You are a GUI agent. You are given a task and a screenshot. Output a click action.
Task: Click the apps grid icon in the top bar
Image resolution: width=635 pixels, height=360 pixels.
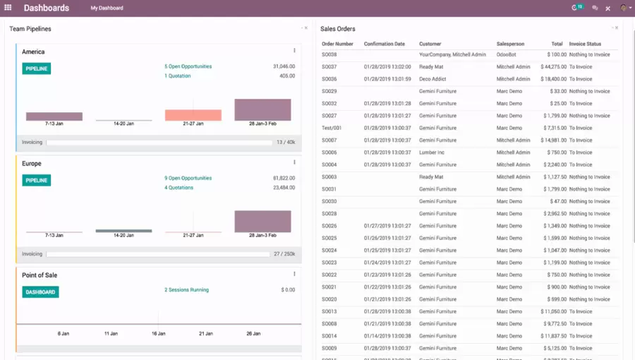[8, 8]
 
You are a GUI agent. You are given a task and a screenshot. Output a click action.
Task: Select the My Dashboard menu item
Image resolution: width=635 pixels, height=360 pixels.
[107, 8]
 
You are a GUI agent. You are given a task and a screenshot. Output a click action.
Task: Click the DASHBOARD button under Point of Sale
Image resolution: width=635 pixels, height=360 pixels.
[40, 292]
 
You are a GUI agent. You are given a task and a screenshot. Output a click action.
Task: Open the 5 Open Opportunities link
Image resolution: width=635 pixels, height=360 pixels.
[188, 66]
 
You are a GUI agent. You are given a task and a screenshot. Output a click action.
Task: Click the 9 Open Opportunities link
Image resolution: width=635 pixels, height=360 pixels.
[188, 178]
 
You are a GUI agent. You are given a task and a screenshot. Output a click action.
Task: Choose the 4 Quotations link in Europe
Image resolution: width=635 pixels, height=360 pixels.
[179, 188]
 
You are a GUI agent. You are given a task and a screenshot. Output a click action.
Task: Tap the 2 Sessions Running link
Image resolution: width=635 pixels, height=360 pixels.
[186, 289]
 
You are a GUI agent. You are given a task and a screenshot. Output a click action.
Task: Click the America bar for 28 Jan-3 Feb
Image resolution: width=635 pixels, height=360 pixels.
[262, 109]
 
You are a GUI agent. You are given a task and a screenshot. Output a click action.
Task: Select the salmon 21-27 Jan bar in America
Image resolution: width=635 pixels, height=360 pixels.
[193, 115]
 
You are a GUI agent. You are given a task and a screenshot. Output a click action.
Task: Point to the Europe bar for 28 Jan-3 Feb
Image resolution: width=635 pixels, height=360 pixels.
[262, 221]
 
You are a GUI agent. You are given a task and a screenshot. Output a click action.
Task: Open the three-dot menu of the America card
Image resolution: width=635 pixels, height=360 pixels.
[294, 51]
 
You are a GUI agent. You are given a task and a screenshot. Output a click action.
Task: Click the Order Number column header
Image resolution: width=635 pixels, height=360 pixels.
[337, 44]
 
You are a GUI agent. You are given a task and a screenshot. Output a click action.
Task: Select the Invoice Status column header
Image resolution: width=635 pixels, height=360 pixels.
[585, 44]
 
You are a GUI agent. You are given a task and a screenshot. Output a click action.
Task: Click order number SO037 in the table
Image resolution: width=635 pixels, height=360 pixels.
[329, 67]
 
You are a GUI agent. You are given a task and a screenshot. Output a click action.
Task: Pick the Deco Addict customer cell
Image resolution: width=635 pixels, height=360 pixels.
[433, 79]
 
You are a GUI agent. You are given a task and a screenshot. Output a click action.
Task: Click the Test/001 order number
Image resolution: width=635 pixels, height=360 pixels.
[332, 128]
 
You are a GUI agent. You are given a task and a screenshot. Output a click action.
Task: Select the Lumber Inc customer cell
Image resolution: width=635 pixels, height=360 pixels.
[432, 152]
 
